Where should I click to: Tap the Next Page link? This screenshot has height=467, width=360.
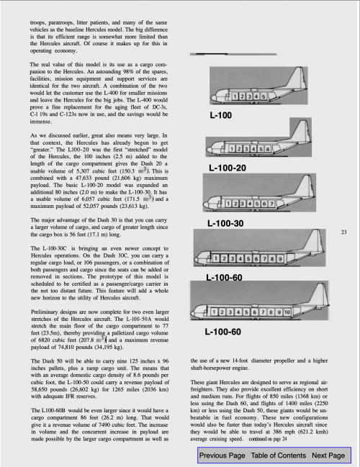pyautogui.click(x=328, y=455)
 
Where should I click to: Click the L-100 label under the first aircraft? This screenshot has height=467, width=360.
pyautogui.click(x=221, y=115)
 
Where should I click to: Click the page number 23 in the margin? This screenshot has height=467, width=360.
pyautogui.click(x=343, y=232)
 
